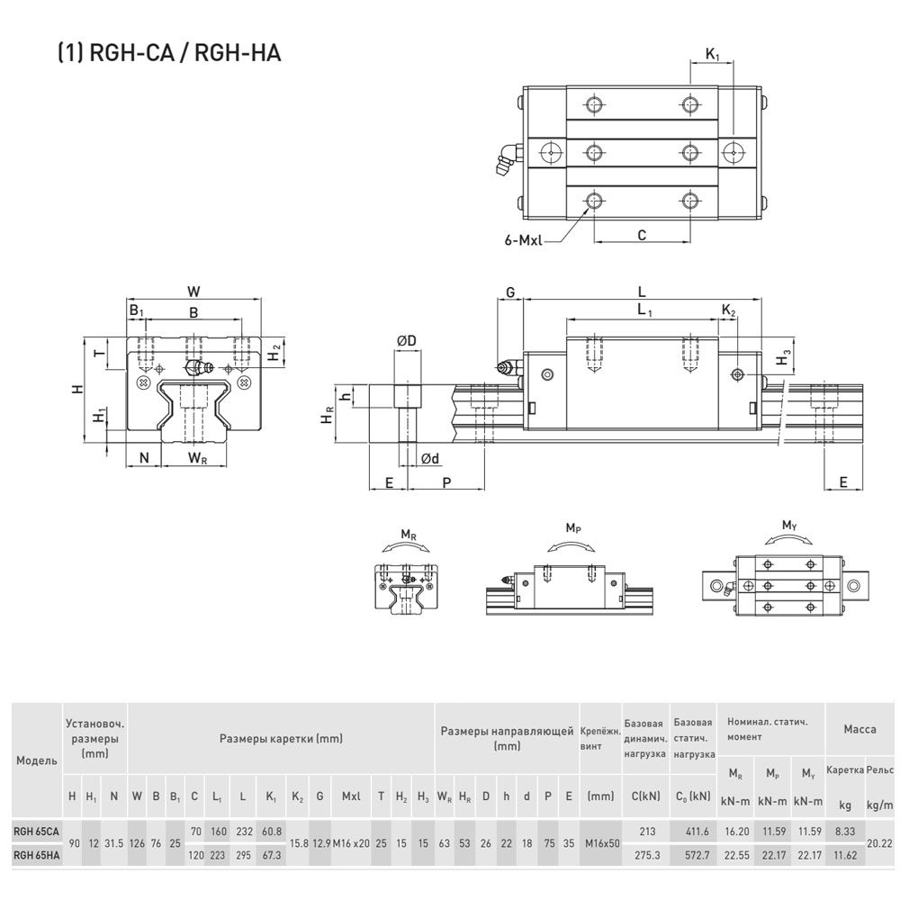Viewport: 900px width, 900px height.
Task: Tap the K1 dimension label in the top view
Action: [x=712, y=55]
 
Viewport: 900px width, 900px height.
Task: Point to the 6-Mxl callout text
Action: [x=523, y=240]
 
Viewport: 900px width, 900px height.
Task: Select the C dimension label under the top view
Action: [x=642, y=235]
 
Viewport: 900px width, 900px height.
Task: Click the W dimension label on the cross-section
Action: [x=193, y=292]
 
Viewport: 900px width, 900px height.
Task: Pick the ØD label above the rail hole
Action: [x=407, y=341]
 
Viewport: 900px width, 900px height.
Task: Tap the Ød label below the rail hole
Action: [x=430, y=458]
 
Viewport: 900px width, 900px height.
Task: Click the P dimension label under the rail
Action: [x=446, y=482]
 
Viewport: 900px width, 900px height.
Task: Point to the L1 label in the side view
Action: [x=644, y=310]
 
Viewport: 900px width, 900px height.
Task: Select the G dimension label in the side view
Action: [x=510, y=292]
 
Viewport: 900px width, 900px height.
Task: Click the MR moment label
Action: [x=409, y=535]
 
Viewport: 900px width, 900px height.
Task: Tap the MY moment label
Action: [x=790, y=526]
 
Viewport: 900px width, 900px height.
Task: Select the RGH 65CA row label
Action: [x=36, y=831]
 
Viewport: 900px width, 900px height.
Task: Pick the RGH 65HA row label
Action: [x=36, y=855]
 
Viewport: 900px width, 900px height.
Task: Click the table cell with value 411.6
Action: [x=697, y=831]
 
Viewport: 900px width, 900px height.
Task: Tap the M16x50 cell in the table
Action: [x=602, y=843]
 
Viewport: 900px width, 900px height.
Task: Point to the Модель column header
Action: [x=37, y=760]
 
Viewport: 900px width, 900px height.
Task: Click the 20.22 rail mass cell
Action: [x=879, y=843]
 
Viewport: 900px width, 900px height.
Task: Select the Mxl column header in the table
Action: [x=351, y=796]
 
